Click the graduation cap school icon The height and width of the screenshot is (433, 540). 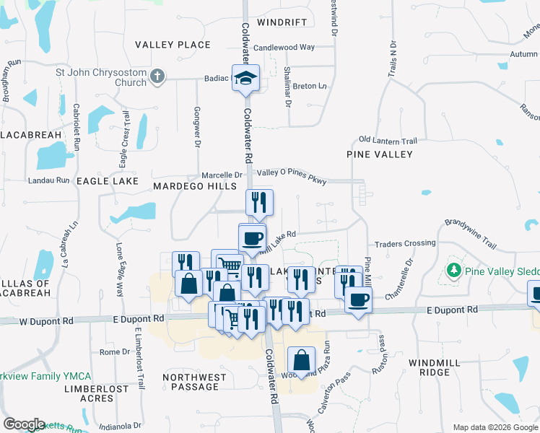(x=245, y=76)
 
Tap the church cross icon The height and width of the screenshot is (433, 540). (x=157, y=76)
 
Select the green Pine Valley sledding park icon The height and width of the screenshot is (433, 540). (x=453, y=271)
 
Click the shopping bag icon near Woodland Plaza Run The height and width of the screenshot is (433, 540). (x=301, y=360)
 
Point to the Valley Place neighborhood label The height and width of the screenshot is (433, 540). (x=173, y=45)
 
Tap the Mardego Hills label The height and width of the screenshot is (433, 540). (x=195, y=186)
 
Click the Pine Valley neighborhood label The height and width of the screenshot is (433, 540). (x=380, y=154)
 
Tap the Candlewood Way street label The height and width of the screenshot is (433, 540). (x=284, y=47)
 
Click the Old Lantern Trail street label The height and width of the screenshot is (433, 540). (x=388, y=140)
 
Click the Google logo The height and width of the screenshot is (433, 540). (x=24, y=424)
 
